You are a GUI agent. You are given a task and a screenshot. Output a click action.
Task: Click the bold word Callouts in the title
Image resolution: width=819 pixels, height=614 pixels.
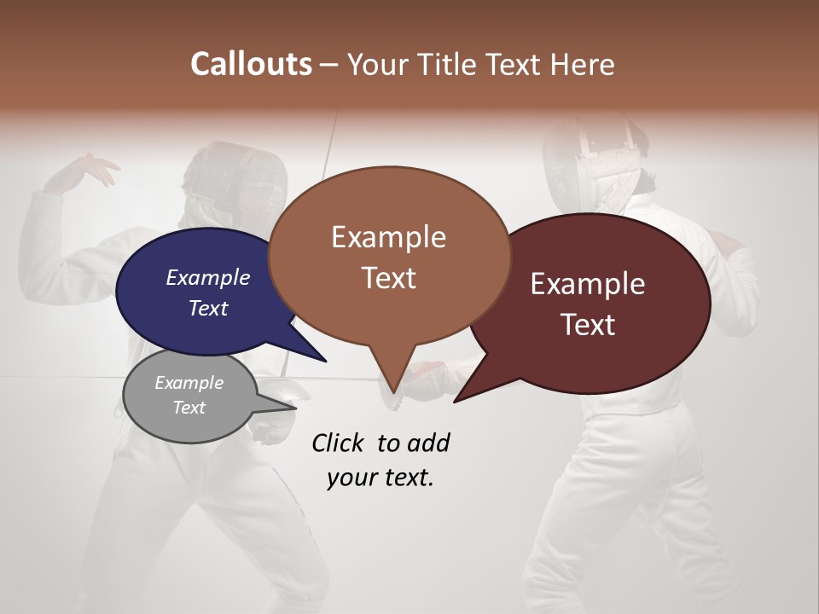[251, 64]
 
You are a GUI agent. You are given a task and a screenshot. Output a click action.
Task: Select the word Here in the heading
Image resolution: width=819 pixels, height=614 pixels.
[583, 64]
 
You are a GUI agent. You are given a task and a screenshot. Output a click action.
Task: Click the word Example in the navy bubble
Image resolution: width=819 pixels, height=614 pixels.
[208, 277]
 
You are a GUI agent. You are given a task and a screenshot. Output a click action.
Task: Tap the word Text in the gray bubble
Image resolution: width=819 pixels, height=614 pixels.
[189, 408]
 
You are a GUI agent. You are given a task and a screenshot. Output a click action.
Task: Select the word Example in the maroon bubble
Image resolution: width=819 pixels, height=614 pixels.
[588, 284]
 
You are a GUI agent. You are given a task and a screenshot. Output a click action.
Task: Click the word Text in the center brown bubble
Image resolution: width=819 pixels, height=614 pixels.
[389, 278]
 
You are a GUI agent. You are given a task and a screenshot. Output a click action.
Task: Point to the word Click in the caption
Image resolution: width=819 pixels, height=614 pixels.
[340, 443]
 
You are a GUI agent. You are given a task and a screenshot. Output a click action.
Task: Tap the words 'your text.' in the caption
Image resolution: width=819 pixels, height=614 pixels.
[380, 478]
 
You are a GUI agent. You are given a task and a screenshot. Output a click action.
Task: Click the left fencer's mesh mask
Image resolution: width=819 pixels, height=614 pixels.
[239, 179]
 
